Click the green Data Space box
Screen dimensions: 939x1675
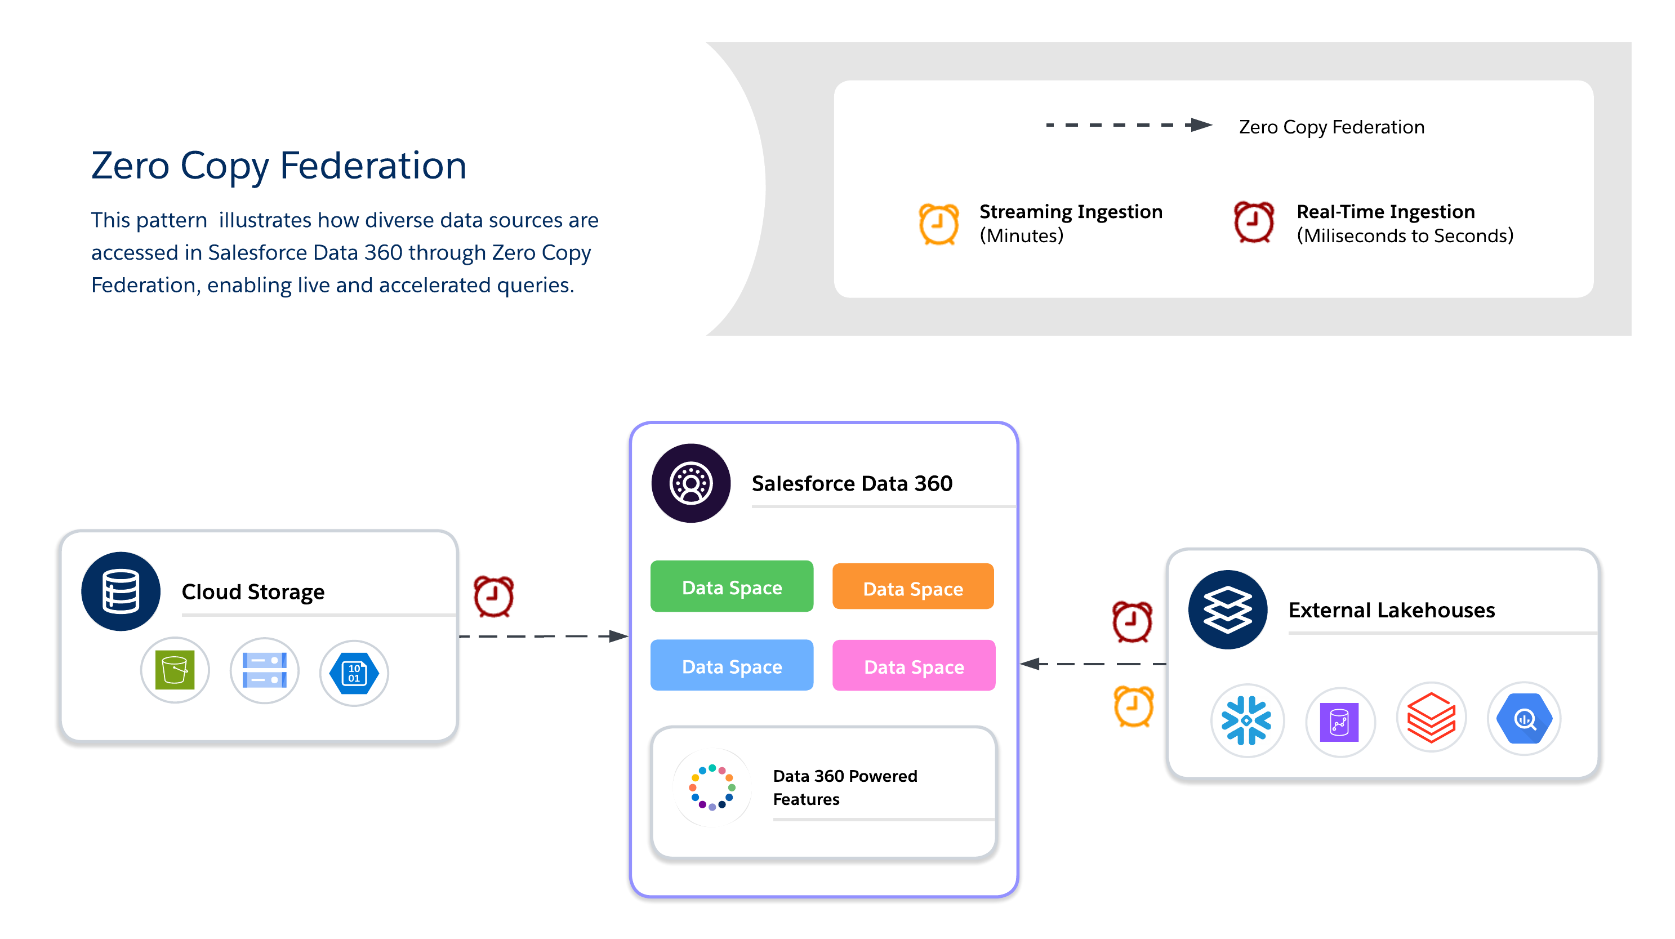(732, 586)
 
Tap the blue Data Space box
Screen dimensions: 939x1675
(732, 666)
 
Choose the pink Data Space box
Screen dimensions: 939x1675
(914, 666)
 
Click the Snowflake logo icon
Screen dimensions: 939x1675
(1246, 720)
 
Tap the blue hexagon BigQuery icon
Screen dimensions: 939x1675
(1523, 719)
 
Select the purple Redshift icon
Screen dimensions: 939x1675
(1339, 721)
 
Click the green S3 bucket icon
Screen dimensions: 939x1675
(175, 670)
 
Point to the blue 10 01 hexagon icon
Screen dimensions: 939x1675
(354, 673)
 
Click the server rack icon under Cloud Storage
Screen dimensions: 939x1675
(264, 670)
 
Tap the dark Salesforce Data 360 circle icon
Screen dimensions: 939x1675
(691, 483)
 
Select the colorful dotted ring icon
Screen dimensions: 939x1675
(712, 787)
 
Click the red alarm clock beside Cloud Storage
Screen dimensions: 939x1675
(493, 595)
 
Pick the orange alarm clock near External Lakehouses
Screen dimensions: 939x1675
(1133, 706)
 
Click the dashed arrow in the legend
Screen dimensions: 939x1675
(1128, 125)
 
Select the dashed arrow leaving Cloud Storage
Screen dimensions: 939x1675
(543, 636)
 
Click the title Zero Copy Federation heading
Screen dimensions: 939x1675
(279, 165)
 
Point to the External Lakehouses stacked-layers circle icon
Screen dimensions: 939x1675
(1227, 610)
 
